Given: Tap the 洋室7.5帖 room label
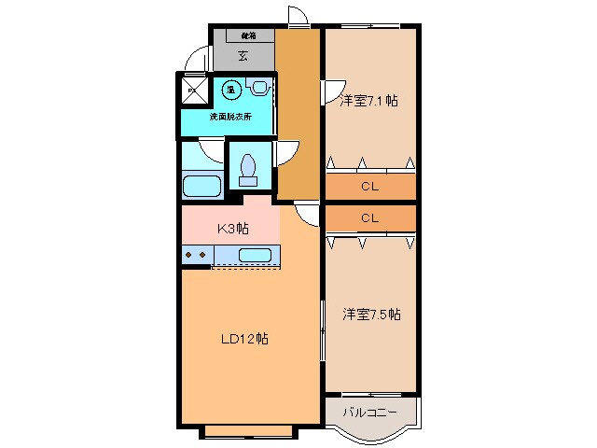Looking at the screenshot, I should [370, 315].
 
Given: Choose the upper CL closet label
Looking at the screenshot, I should [369, 187].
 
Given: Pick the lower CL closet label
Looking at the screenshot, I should [369, 217].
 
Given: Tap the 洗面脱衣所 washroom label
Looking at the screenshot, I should [229, 117].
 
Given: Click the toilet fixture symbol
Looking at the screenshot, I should [248, 168].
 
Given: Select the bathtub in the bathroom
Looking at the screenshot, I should [201, 185].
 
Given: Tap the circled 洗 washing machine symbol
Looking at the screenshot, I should [230, 90].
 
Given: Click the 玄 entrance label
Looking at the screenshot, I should [243, 56].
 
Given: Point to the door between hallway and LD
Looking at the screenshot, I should [303, 213].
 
